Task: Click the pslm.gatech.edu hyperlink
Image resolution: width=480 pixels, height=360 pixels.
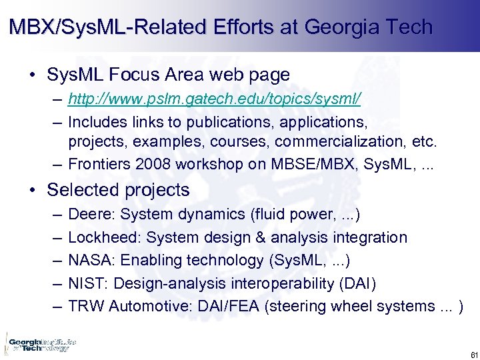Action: point(215,100)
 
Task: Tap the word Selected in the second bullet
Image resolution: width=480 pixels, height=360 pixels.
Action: point(79,190)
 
